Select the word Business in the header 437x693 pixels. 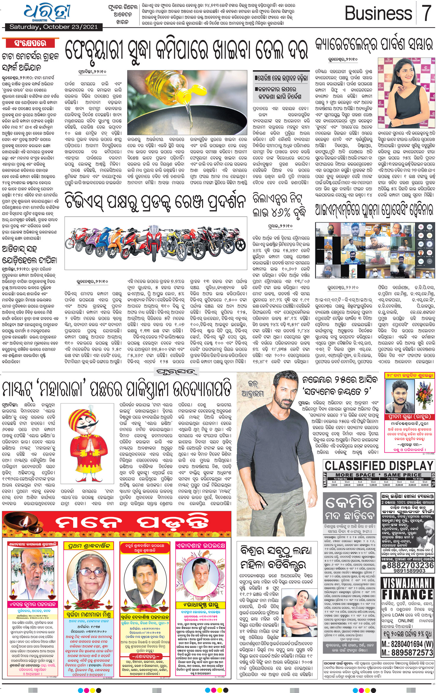[378, 13]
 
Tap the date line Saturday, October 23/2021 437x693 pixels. [53, 27]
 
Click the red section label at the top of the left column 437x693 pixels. [30, 44]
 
